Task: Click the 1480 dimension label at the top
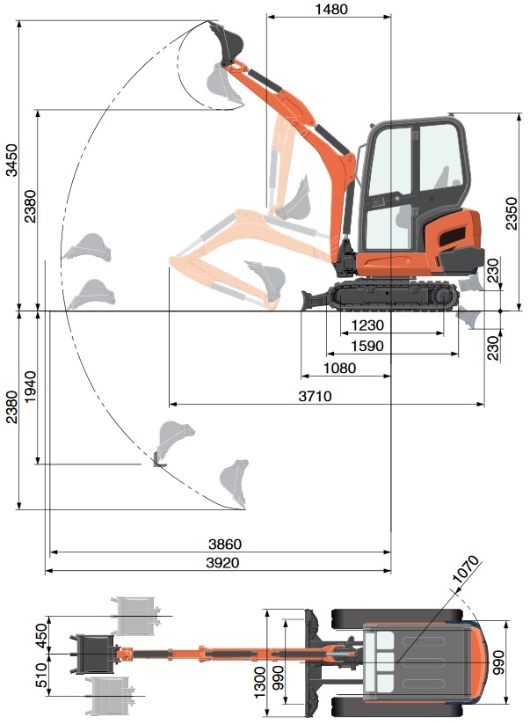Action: [330, 10]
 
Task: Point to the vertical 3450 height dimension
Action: [11, 159]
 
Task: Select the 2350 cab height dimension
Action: [512, 212]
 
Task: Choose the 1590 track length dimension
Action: [367, 346]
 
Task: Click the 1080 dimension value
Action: [340, 369]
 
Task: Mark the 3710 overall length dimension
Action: [314, 397]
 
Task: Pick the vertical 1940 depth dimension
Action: [31, 386]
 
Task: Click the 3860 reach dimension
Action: [224, 545]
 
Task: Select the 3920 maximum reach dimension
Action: [224, 562]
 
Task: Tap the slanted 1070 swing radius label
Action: [467, 570]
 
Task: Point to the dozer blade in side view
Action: [314, 298]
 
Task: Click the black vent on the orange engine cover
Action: [449, 235]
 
